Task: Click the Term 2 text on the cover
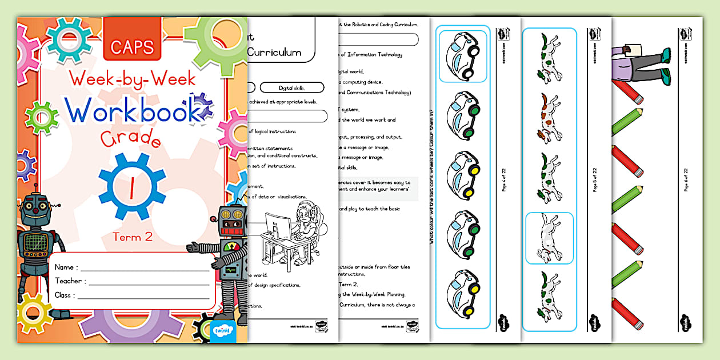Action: click(132, 237)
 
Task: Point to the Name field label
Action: click(66, 267)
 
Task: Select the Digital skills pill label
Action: click(291, 87)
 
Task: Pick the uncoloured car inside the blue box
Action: click(463, 56)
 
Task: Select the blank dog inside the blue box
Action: click(549, 238)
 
